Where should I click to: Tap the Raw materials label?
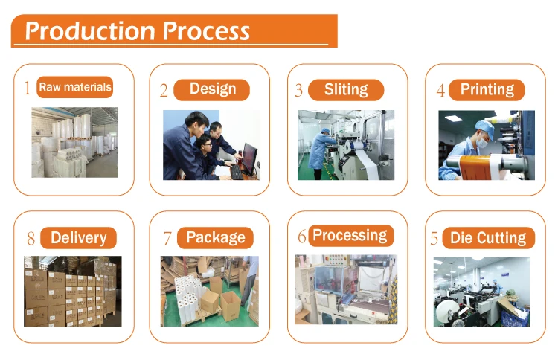(75, 88)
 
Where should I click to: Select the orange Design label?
(212, 90)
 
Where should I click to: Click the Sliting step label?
(346, 90)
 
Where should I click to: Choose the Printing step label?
(487, 90)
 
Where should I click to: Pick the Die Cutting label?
(488, 239)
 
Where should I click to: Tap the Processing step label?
(350, 236)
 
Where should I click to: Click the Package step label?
(215, 238)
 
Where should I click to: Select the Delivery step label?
(78, 238)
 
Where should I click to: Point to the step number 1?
(28, 89)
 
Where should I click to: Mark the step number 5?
(434, 240)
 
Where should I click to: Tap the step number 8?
(31, 240)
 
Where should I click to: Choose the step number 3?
(299, 91)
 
